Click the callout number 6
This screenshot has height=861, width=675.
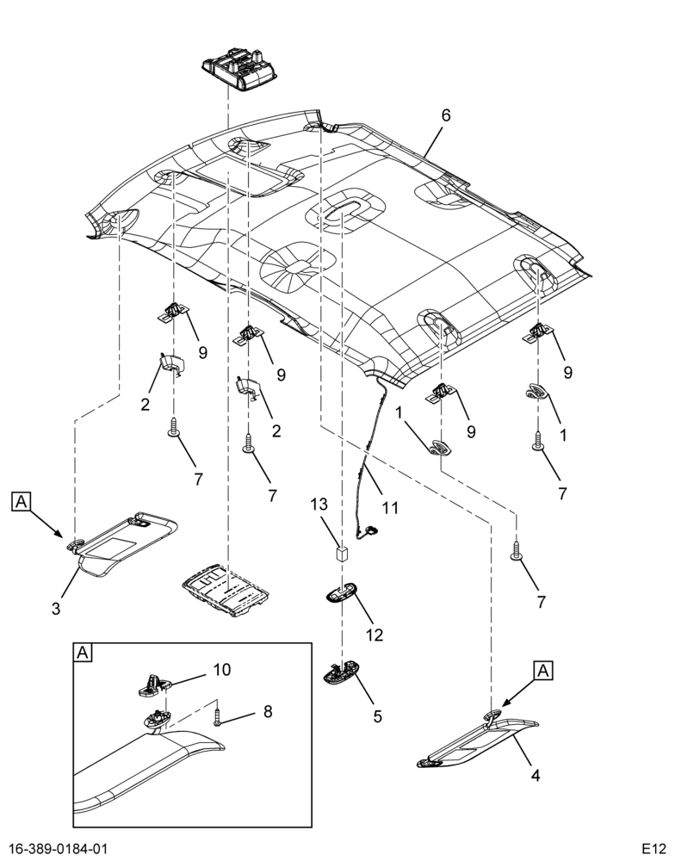pos(445,115)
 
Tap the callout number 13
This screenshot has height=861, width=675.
pos(319,504)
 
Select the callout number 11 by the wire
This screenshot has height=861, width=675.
pos(390,508)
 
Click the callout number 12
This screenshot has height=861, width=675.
pos(375,635)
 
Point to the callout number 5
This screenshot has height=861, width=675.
pos(377,716)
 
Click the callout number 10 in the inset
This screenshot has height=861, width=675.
pos(222,669)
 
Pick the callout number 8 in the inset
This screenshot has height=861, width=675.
pos(268,712)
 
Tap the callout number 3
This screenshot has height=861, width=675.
pos(56,609)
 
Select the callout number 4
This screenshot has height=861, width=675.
pos(536,776)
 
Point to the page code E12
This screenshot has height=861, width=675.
pos(656,849)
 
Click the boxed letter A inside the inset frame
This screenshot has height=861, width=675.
pos(83,653)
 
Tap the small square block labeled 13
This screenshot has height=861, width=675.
pos(342,552)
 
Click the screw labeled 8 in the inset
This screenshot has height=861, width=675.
pos(218,715)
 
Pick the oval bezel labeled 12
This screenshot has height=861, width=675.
pos(341,593)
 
